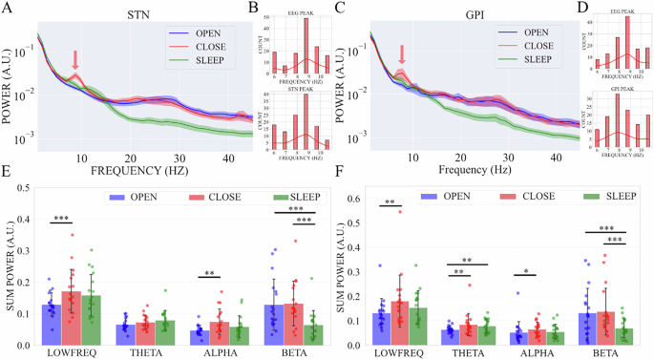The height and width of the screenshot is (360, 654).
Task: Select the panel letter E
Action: point(8,178)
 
